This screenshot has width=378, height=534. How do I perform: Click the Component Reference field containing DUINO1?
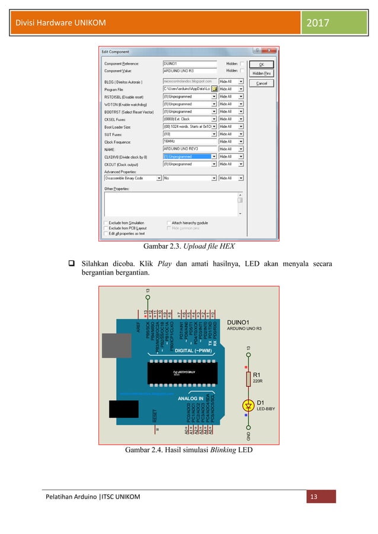coord(189,63)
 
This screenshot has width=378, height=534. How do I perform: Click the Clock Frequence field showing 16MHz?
coord(189,141)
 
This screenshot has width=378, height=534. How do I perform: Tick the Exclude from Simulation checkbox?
coord(106,223)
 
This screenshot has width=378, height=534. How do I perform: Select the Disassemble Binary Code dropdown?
coord(133,178)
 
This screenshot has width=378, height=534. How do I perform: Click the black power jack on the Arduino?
coord(123,409)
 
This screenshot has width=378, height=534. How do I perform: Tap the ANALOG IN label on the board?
coord(191,398)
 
